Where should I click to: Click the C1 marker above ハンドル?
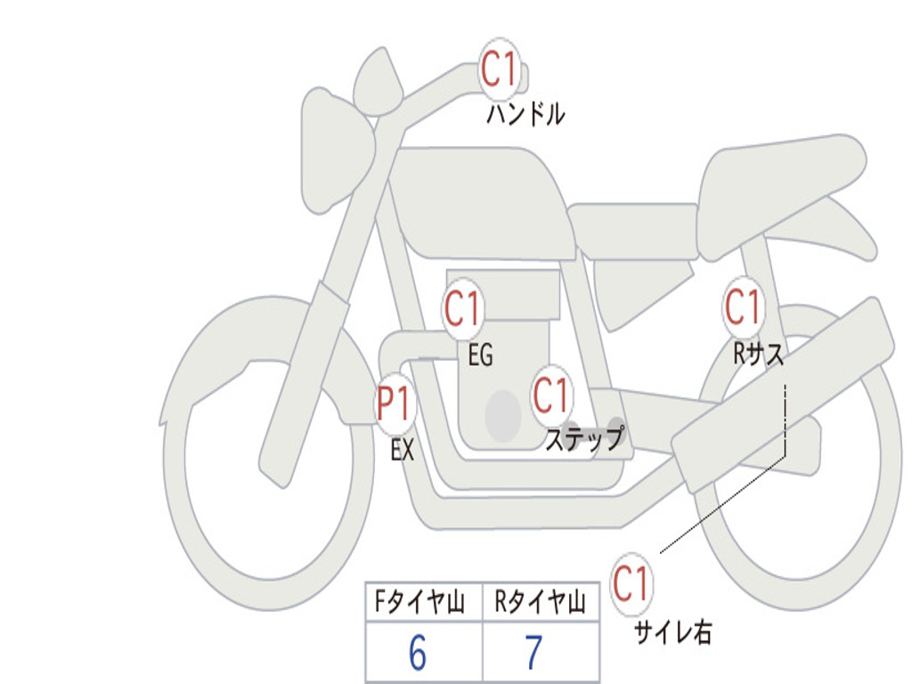(500, 69)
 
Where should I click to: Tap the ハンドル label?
(525, 114)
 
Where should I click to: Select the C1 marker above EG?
(463, 308)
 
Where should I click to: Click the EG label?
(480, 354)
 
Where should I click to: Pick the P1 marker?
(395, 403)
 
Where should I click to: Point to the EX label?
(403, 450)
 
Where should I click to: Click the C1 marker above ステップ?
(550, 395)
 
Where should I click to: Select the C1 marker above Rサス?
(744, 306)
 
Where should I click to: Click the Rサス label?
(759, 353)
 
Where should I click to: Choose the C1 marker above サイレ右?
(631, 583)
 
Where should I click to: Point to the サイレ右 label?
(673, 632)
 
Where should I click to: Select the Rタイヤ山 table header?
(541, 601)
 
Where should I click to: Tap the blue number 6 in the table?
(418, 653)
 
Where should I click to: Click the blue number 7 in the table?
(534, 653)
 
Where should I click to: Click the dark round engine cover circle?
(503, 416)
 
